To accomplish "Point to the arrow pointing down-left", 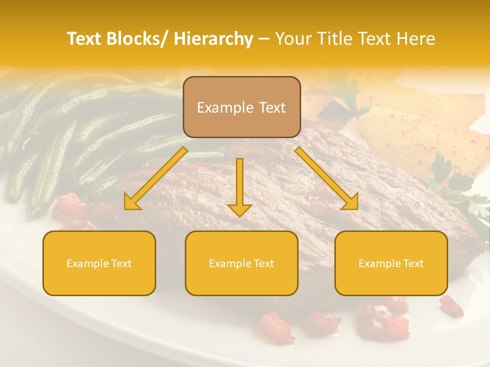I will tap(156, 178).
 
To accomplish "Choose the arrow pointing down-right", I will tap(327, 178).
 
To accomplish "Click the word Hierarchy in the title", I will tap(213, 39).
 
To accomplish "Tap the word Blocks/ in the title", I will tap(138, 39).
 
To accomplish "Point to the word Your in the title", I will tap(292, 39).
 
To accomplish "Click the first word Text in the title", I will tap(86, 39).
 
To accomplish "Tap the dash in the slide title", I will tap(264, 39).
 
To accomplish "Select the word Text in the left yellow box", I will tap(121, 264).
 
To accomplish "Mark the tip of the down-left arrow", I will tap(126, 208).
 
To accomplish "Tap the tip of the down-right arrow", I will tap(357, 208).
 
